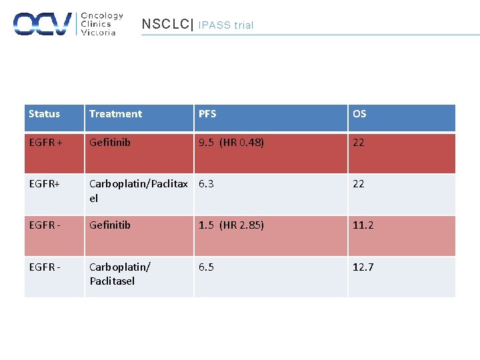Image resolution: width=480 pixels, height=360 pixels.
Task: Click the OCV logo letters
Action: tap(43, 24)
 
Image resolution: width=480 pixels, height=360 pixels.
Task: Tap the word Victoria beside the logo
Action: tap(98, 33)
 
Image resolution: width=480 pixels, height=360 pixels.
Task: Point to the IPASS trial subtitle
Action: tap(226, 25)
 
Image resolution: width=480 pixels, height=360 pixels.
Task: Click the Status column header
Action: tap(44, 114)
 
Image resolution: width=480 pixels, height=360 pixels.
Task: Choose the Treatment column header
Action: tap(115, 114)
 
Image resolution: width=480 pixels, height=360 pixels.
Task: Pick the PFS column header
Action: tap(207, 114)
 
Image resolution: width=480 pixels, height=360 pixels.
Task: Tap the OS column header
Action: tap(359, 114)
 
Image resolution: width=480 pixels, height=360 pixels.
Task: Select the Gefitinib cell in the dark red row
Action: tap(110, 143)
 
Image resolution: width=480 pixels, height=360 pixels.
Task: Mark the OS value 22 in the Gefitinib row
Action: tap(359, 143)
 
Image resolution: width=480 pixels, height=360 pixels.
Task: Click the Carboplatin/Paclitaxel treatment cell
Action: tap(139, 191)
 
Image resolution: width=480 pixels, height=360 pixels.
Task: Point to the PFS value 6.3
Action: tap(206, 184)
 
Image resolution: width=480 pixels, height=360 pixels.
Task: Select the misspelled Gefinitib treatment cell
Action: tap(110, 225)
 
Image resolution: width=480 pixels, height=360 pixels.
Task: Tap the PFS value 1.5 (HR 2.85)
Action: tap(231, 225)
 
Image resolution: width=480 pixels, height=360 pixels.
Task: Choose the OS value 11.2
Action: tap(363, 225)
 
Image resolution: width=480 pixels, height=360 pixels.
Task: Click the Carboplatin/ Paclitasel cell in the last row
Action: tap(120, 274)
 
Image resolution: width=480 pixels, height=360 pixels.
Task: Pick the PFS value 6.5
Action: tap(206, 267)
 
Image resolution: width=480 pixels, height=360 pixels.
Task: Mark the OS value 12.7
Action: tap(363, 267)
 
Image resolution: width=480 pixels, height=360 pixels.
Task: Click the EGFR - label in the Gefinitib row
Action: tap(45, 225)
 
